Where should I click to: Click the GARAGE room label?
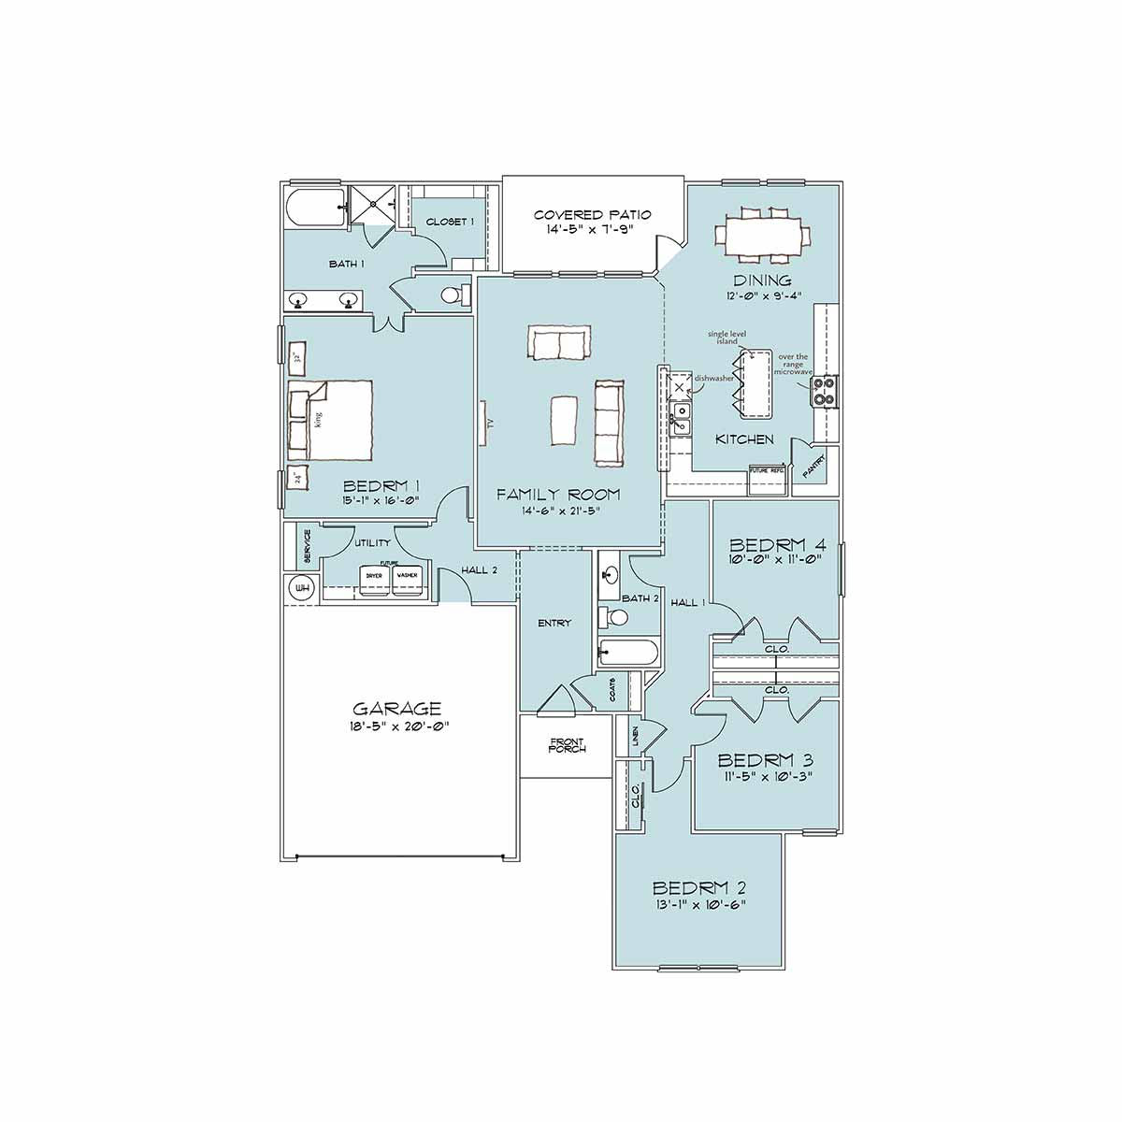coord(396,709)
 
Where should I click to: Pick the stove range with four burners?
coord(824,391)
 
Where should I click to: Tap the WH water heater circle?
coord(302,588)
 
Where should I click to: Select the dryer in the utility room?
coord(374,578)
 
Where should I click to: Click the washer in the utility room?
coord(407,578)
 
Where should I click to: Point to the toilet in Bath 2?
coord(615,617)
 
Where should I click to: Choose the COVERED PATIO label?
coord(592,215)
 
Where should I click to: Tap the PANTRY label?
coord(814,475)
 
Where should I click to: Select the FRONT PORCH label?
coord(567,745)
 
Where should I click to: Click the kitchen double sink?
coord(682,418)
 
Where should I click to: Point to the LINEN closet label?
coord(634,737)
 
